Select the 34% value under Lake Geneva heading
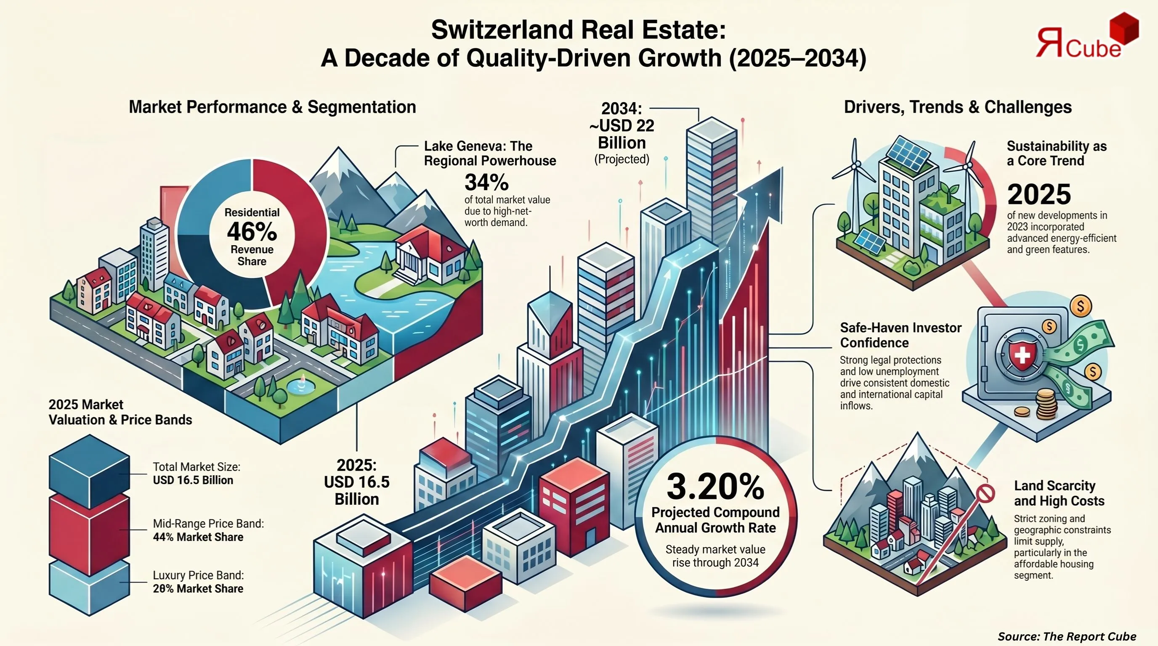click(x=486, y=183)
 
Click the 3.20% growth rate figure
click(x=715, y=487)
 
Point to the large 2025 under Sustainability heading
click(x=1038, y=195)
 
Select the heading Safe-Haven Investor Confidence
click(x=900, y=335)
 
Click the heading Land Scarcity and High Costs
click(x=1059, y=493)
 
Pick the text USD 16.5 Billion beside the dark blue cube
click(x=193, y=480)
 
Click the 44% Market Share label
click(x=198, y=537)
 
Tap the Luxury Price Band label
click(x=198, y=575)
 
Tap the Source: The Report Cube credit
click(x=1066, y=636)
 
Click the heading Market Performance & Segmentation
click(x=272, y=107)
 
